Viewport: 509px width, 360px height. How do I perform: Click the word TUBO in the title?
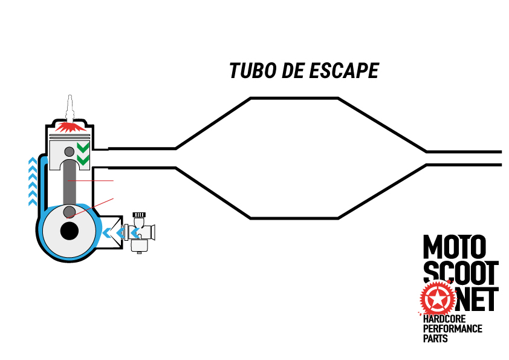coord(249,71)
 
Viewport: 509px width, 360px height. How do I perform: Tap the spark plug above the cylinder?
coord(70,109)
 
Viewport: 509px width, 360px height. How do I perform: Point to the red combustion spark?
coord(70,128)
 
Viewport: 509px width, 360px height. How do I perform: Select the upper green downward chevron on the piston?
coord(83,148)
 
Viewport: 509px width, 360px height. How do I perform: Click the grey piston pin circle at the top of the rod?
coord(70,151)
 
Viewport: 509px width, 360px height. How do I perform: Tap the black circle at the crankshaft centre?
coord(70,231)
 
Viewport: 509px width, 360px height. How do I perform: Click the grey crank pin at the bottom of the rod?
coord(70,211)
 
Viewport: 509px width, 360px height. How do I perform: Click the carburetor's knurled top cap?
coord(140,215)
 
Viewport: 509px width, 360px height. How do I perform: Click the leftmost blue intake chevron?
coord(107,232)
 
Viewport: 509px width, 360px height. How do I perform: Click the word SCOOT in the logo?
coord(461,274)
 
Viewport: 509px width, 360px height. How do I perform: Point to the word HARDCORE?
coord(447,319)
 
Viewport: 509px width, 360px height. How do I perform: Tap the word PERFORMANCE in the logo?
coord(453,329)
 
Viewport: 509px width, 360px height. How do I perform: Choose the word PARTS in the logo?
coord(435,339)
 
